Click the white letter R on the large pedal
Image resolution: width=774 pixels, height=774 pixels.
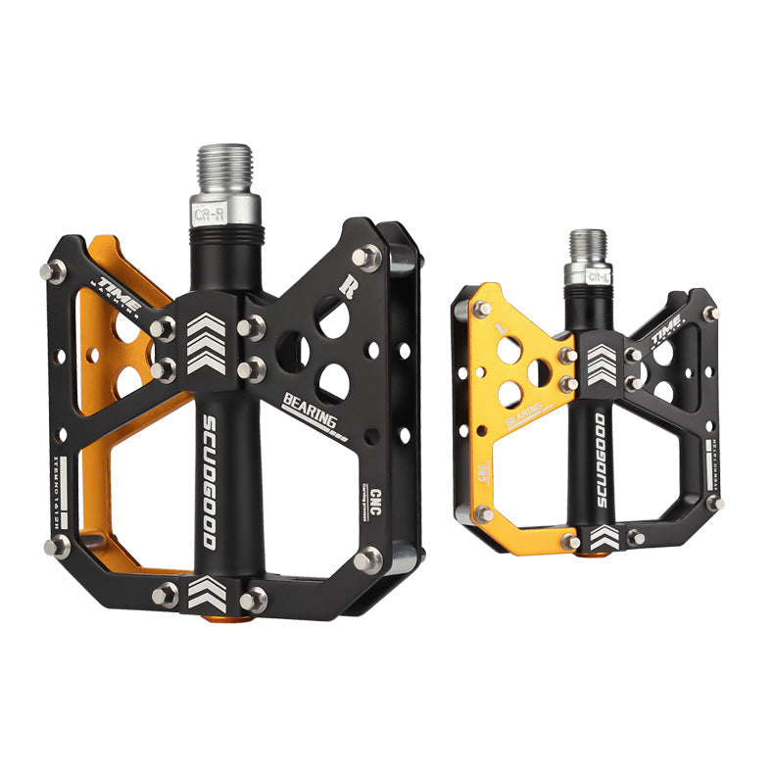[x=346, y=287]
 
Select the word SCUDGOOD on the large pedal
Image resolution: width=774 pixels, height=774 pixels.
[x=210, y=479]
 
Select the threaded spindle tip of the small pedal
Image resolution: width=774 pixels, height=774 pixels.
[x=588, y=246]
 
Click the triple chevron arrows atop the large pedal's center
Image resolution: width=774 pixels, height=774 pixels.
[x=207, y=344]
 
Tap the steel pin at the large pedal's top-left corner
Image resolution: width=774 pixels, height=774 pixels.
[x=51, y=271]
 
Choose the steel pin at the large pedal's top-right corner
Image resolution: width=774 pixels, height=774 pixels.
[x=366, y=257]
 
